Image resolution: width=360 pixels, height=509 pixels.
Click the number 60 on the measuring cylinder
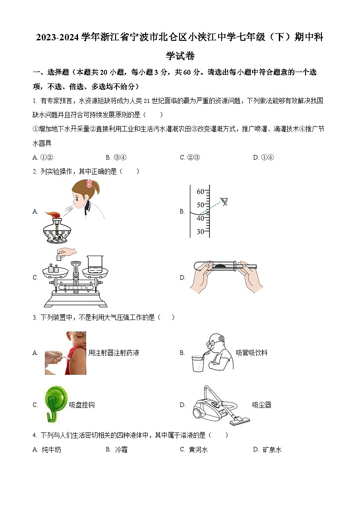pos(200,192)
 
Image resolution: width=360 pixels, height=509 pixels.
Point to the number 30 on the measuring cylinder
pos(200,232)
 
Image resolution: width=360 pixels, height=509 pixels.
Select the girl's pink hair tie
pos(90,183)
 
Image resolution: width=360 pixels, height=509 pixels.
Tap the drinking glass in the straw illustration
pos(198,364)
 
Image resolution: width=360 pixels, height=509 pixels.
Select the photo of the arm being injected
pos(65,353)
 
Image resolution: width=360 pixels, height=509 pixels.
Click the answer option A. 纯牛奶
pos(47,450)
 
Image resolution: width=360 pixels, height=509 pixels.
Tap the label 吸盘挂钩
pos(82,405)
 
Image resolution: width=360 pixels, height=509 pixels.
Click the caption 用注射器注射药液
pos(113,353)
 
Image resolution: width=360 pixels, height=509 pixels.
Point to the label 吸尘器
pos(262,405)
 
